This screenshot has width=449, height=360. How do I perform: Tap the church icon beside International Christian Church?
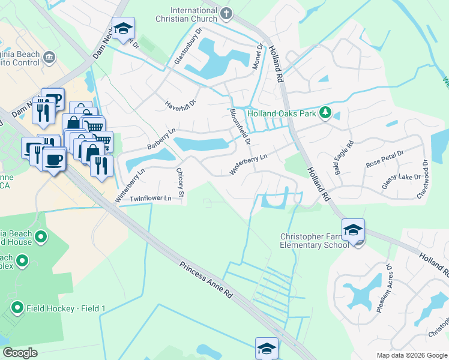coord(226,13)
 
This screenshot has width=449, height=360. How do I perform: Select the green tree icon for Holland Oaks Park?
coord(325,113)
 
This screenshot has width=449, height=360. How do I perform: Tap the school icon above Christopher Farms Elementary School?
coord(353,230)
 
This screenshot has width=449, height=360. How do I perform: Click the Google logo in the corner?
coord(20,352)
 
